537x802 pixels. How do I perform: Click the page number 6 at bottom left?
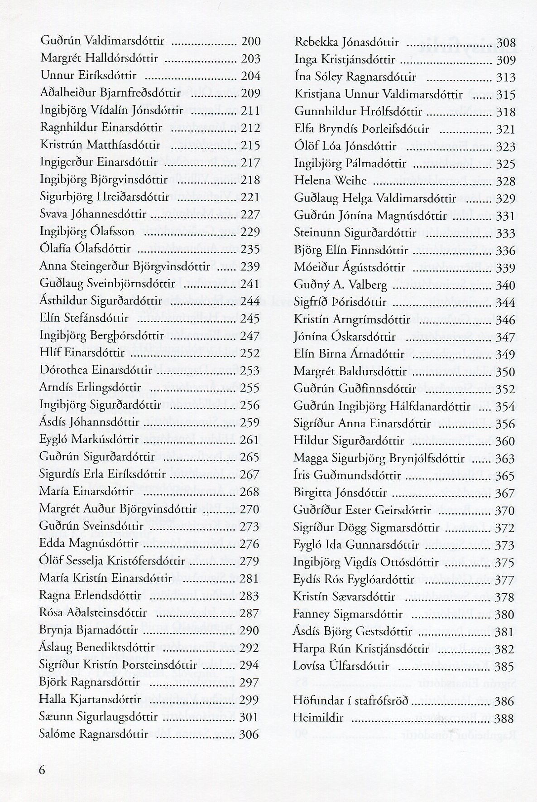[x=43, y=771]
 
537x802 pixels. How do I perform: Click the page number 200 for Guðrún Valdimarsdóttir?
[x=251, y=42]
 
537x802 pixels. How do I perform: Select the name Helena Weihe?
[x=330, y=181]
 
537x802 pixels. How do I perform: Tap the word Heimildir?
[x=318, y=718]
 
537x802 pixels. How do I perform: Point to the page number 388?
[x=505, y=719]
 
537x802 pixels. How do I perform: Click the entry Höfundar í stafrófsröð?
[x=351, y=701]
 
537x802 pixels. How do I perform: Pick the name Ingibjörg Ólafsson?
[x=87, y=232]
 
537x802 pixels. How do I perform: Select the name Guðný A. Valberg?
[x=340, y=285]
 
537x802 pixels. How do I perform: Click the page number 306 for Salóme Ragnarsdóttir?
[x=249, y=734]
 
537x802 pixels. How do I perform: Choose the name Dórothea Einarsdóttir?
[x=96, y=370]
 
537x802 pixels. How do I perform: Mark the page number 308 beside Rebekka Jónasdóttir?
[x=506, y=43]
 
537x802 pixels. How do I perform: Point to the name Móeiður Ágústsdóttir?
[x=344, y=268]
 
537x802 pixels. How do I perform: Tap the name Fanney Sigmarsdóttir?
[x=348, y=614]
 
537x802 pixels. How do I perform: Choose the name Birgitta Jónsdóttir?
[x=340, y=493]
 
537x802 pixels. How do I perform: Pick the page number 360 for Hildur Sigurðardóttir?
[x=505, y=441]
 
